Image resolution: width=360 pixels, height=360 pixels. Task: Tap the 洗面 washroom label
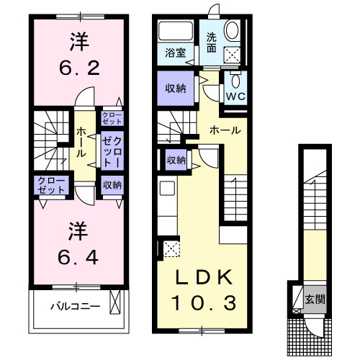(x=212, y=44)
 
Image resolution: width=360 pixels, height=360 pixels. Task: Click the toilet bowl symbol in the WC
(x=235, y=80)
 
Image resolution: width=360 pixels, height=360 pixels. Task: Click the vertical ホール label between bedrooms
(x=83, y=143)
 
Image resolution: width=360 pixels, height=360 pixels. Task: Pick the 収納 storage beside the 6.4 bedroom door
(x=111, y=185)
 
